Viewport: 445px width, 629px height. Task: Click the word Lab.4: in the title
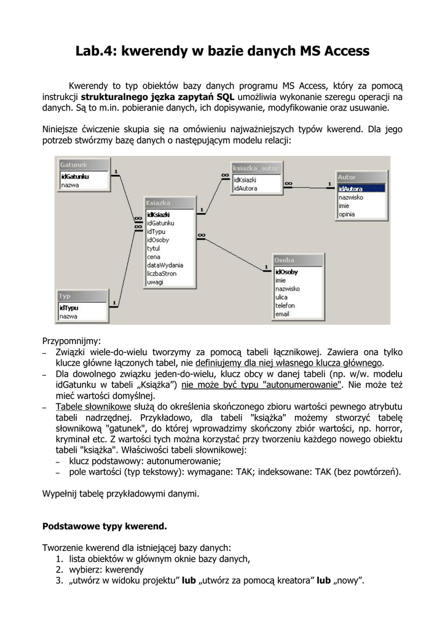(96, 51)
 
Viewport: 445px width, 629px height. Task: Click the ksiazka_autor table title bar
(256, 168)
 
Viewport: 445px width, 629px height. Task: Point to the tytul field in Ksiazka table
(154, 249)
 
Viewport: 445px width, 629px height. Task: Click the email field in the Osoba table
(282, 314)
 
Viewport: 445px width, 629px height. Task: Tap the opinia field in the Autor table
(347, 214)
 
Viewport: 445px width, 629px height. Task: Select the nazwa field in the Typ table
(68, 316)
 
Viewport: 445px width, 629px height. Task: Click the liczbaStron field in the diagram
(161, 274)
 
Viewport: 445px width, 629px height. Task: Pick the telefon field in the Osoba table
(285, 305)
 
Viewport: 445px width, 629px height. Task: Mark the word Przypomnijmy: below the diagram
(71, 341)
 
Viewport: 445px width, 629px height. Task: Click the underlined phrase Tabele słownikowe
(93, 407)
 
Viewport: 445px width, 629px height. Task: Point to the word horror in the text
(386, 429)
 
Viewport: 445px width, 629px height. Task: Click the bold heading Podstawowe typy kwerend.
(104, 526)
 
